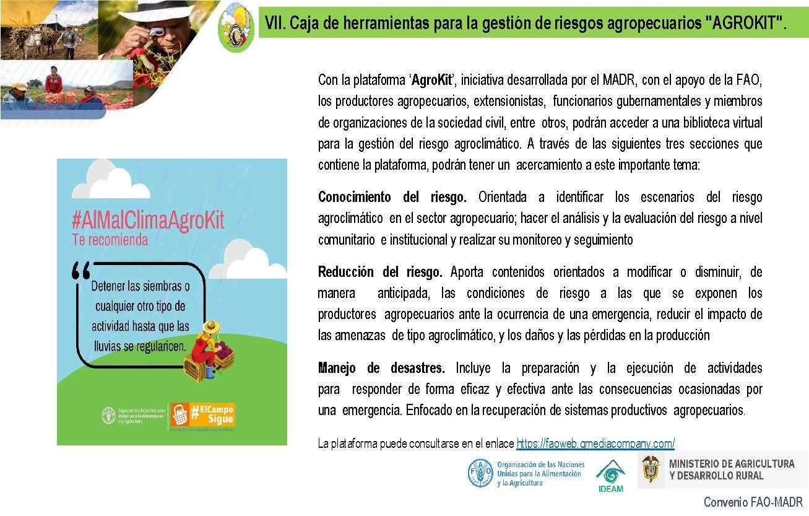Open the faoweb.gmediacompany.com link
[x=595, y=444]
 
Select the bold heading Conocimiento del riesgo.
[x=392, y=197]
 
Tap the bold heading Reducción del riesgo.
[x=380, y=272]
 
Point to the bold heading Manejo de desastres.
[x=381, y=368]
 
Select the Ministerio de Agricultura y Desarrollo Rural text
[x=732, y=470]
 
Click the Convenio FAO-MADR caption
[x=753, y=502]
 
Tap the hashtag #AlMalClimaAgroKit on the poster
[x=148, y=221]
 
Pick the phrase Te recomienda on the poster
[x=110, y=240]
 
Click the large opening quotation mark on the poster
[x=81, y=270]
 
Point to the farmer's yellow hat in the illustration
[x=212, y=326]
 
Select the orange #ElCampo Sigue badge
[x=202, y=414]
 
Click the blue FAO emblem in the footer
[x=480, y=473]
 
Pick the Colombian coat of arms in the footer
[x=651, y=469]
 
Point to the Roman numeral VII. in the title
[x=274, y=23]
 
